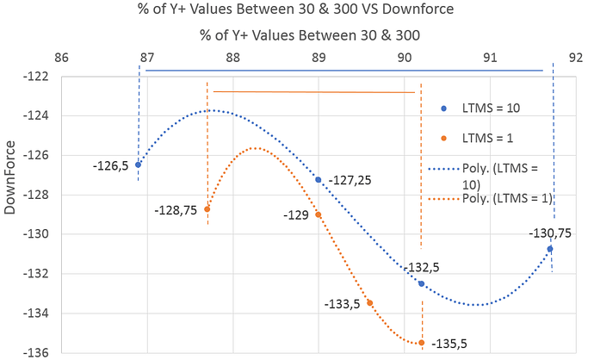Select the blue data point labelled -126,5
coord(138,164)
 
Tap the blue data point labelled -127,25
coord(319,180)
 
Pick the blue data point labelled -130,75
coord(550,249)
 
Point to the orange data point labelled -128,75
coord(207,209)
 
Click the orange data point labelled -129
coord(319,214)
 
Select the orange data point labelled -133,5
coord(369,303)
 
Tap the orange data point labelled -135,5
coord(421,343)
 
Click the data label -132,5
coord(423,268)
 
